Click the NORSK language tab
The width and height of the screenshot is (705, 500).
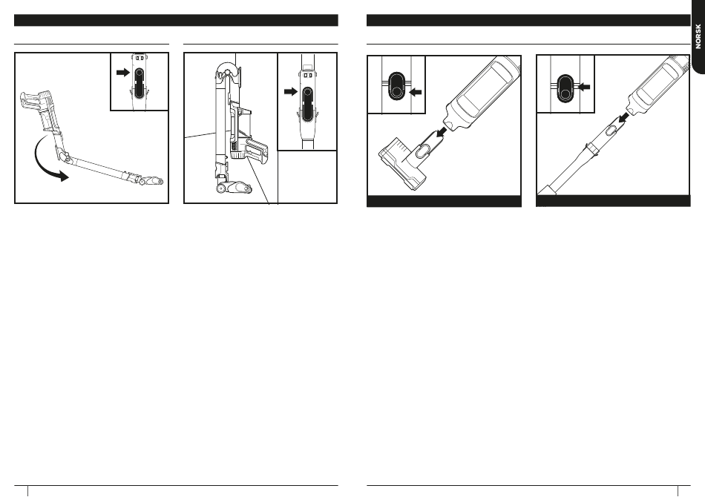point(698,36)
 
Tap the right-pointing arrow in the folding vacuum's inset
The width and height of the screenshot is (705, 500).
point(122,72)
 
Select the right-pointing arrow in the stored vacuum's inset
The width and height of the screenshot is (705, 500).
point(291,92)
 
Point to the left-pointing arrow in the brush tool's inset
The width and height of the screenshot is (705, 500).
point(416,92)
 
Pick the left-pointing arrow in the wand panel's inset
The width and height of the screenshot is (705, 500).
point(583,87)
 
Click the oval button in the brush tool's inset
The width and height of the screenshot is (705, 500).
point(396,85)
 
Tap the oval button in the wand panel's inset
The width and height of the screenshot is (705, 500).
point(565,87)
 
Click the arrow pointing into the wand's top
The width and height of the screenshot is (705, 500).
point(623,117)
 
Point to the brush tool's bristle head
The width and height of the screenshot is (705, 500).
point(401,162)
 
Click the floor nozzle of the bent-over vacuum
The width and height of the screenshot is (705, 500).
point(151,181)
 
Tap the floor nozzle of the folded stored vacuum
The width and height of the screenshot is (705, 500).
point(237,187)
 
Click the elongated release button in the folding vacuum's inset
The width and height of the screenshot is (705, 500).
point(139,82)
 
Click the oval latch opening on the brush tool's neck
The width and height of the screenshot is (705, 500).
point(423,151)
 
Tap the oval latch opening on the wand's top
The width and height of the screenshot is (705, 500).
point(611,131)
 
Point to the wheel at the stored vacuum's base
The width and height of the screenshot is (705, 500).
point(220,189)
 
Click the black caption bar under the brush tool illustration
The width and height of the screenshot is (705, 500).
point(445,201)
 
